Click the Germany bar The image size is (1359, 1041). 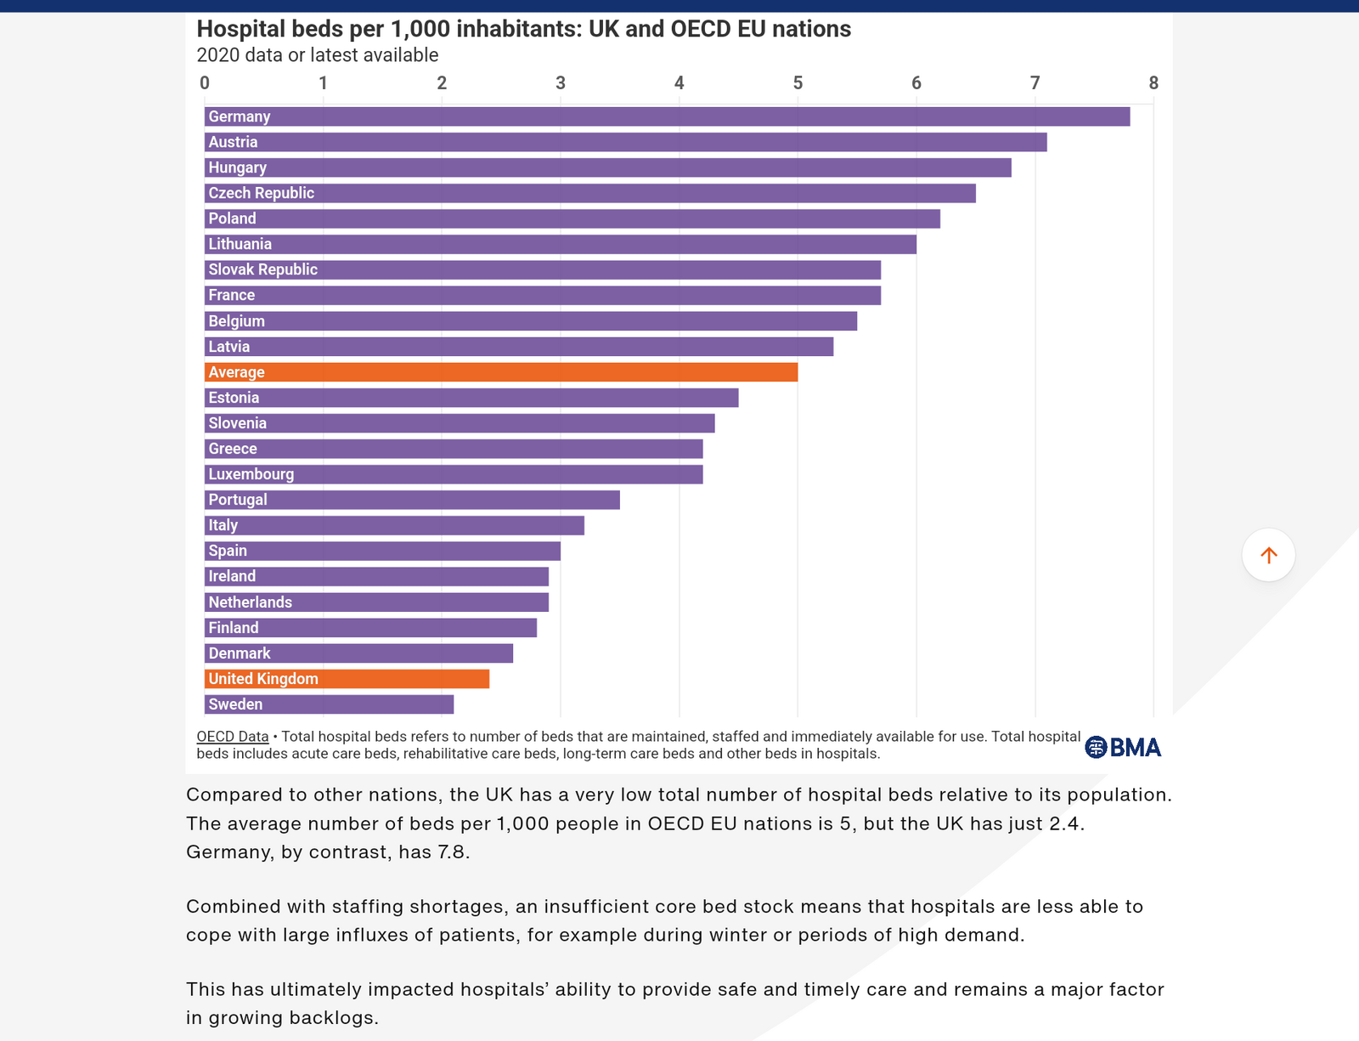(667, 116)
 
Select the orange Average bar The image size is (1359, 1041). (501, 372)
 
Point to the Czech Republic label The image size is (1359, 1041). (262, 193)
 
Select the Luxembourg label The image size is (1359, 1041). (251, 474)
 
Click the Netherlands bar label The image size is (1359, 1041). (251, 603)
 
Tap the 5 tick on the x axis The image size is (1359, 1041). (798, 83)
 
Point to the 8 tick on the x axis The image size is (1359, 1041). (1153, 83)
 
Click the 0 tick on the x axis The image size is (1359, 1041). (205, 83)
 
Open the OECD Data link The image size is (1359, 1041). (233, 737)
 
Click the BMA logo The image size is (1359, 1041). (1123, 747)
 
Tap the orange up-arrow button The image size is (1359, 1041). (1268, 555)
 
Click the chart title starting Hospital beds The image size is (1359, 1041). (523, 29)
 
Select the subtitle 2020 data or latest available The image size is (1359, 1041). (318, 55)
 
